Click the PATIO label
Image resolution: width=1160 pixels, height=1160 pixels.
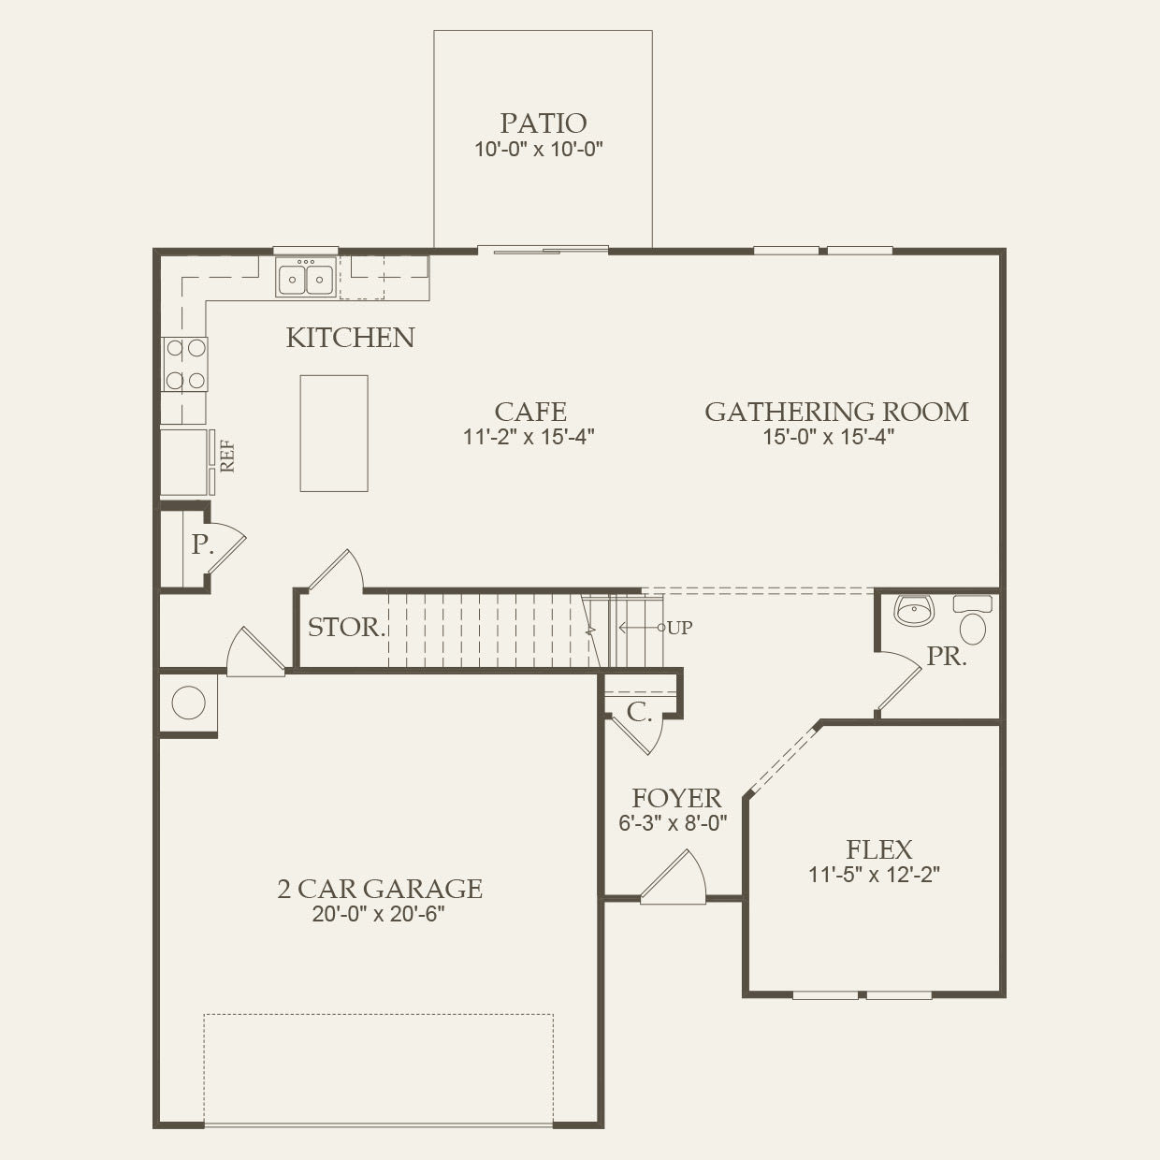pyautogui.click(x=543, y=123)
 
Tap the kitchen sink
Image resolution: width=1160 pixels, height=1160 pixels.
pyautogui.click(x=306, y=279)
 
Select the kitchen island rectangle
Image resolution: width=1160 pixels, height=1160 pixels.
pyautogui.click(x=334, y=433)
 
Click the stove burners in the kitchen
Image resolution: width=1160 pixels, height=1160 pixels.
pyautogui.click(x=185, y=364)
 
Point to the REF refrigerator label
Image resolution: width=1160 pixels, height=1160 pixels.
pyautogui.click(x=226, y=456)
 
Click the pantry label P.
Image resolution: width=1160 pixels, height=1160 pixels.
pyautogui.click(x=202, y=544)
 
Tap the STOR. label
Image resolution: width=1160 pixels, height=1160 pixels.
pyautogui.click(x=346, y=627)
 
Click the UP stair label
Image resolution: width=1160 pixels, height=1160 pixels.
pyautogui.click(x=680, y=628)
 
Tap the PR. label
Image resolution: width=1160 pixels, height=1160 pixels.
pyautogui.click(x=947, y=657)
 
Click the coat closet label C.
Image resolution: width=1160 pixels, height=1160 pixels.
pyautogui.click(x=639, y=713)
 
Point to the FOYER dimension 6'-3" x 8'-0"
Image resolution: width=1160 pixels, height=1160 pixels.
pyautogui.click(x=673, y=823)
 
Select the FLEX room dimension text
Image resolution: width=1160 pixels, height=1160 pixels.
pyautogui.click(x=874, y=875)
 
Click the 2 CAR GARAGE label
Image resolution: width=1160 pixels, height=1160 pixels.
pyautogui.click(x=379, y=888)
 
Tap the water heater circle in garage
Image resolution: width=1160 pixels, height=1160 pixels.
pyautogui.click(x=188, y=703)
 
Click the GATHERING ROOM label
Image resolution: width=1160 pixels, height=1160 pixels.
pyautogui.click(x=836, y=412)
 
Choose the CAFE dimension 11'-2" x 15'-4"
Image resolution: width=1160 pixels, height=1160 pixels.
pyautogui.click(x=529, y=436)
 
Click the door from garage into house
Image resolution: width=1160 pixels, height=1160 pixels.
pyautogui.click(x=254, y=652)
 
